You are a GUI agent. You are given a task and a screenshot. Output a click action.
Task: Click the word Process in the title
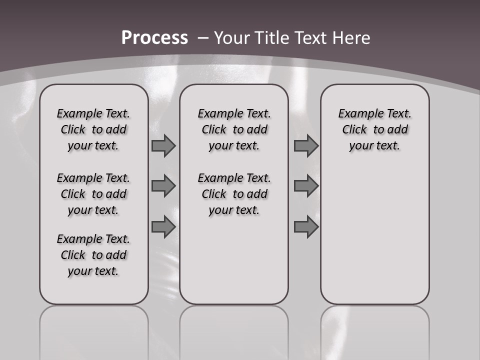tap(154, 38)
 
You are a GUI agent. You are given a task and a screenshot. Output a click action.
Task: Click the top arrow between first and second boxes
tap(163, 146)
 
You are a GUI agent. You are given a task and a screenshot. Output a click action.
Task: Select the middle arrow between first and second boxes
tap(163, 186)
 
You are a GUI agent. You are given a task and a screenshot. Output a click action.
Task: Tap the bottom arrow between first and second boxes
tap(163, 227)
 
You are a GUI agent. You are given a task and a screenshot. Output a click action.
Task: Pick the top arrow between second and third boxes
tap(306, 146)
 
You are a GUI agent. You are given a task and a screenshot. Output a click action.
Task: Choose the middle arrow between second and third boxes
tap(306, 186)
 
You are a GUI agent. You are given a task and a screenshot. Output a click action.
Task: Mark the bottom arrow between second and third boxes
tap(306, 227)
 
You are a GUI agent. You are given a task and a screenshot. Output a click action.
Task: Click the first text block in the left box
tap(93, 129)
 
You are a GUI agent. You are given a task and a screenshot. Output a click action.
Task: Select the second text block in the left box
tap(93, 194)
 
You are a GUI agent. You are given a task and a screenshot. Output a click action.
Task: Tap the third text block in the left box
tap(93, 255)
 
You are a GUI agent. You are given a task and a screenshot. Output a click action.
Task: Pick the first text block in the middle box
tap(234, 129)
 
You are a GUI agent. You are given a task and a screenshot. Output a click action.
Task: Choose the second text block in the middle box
tap(234, 194)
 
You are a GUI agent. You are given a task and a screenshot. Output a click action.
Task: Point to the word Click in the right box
tap(354, 130)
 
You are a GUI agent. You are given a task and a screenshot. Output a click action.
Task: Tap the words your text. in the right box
tap(374, 146)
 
